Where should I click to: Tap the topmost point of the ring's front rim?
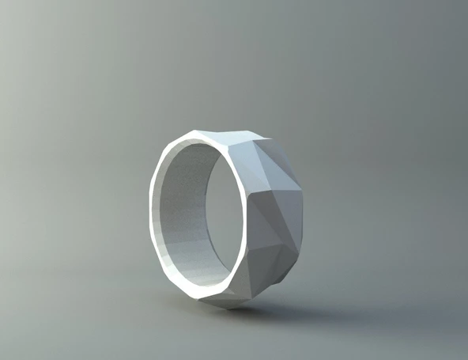coord(198,132)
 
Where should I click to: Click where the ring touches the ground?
coord(225,305)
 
